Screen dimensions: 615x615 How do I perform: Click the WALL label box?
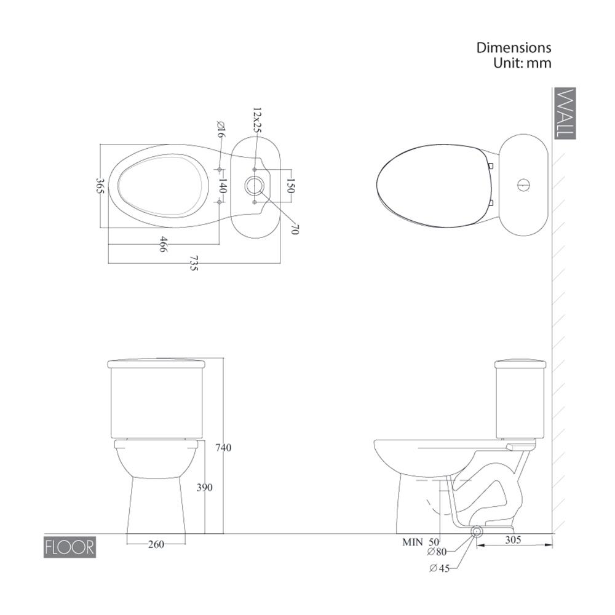click(x=565, y=113)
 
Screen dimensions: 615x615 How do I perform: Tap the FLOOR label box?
click(x=70, y=547)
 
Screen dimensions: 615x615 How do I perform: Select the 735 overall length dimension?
click(x=194, y=263)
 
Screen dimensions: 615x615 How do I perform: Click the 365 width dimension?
click(x=100, y=186)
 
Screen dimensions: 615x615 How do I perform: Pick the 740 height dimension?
click(x=223, y=447)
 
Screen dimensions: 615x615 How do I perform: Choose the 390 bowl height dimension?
click(x=204, y=487)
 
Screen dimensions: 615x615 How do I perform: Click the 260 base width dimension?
click(x=156, y=544)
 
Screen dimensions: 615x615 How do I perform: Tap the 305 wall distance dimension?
click(x=513, y=540)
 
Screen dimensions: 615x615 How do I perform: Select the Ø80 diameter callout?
click(x=437, y=552)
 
